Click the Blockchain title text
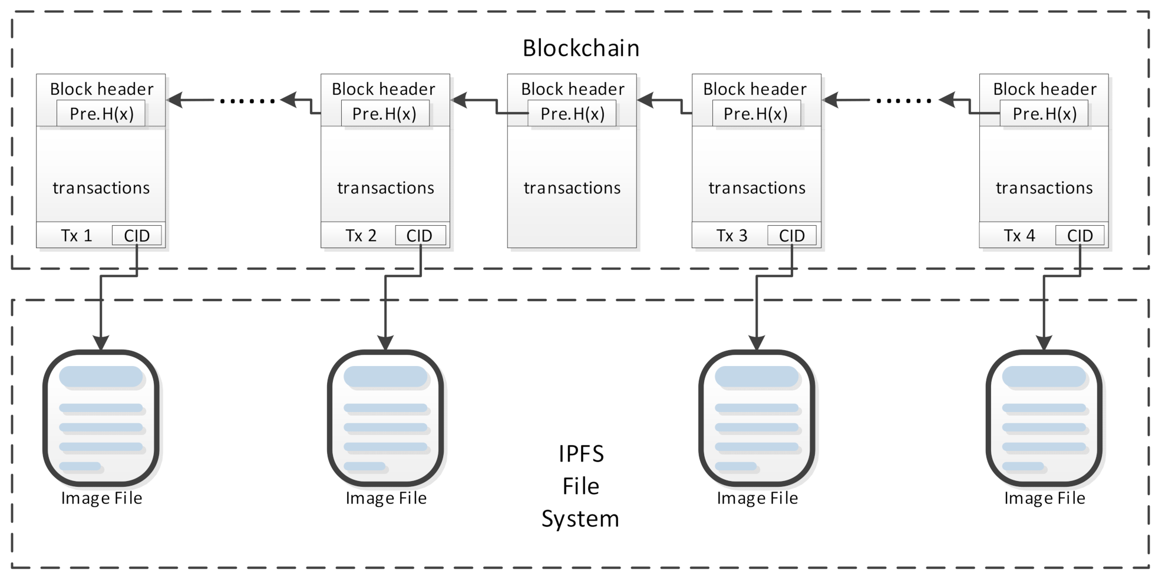(580, 48)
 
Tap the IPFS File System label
(580, 486)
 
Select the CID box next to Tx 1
(137, 236)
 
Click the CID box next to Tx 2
(420, 236)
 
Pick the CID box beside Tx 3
(791, 236)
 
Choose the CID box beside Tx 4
(1080, 236)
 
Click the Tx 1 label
(77, 236)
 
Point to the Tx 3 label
(732, 236)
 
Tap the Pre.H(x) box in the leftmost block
(101, 114)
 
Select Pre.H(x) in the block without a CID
(572, 114)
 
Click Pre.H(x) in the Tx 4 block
(1044, 114)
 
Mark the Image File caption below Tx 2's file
(386, 499)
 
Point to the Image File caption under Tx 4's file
(1044, 499)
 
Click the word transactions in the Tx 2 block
(385, 188)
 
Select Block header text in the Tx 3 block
(755, 89)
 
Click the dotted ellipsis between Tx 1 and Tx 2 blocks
(247, 101)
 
